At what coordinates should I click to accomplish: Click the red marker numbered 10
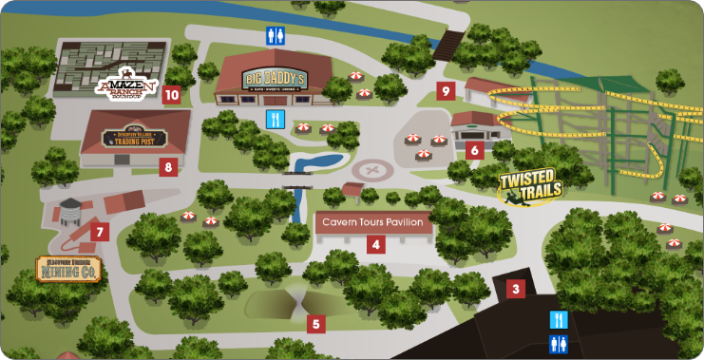click(171, 94)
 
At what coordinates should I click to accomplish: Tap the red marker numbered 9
click(446, 91)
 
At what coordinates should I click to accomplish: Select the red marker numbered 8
click(168, 167)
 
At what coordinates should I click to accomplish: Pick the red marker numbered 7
click(101, 231)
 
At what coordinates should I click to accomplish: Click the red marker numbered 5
click(316, 323)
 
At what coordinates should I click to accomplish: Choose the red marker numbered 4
click(376, 244)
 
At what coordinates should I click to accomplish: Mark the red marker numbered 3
click(516, 289)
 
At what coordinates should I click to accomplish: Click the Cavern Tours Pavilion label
click(375, 222)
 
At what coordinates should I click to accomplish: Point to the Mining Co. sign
click(69, 270)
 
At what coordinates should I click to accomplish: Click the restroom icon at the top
click(275, 36)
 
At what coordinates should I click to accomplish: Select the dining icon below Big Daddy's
click(275, 119)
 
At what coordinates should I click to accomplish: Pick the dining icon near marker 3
click(559, 319)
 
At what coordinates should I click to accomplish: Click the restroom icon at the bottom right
click(559, 342)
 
